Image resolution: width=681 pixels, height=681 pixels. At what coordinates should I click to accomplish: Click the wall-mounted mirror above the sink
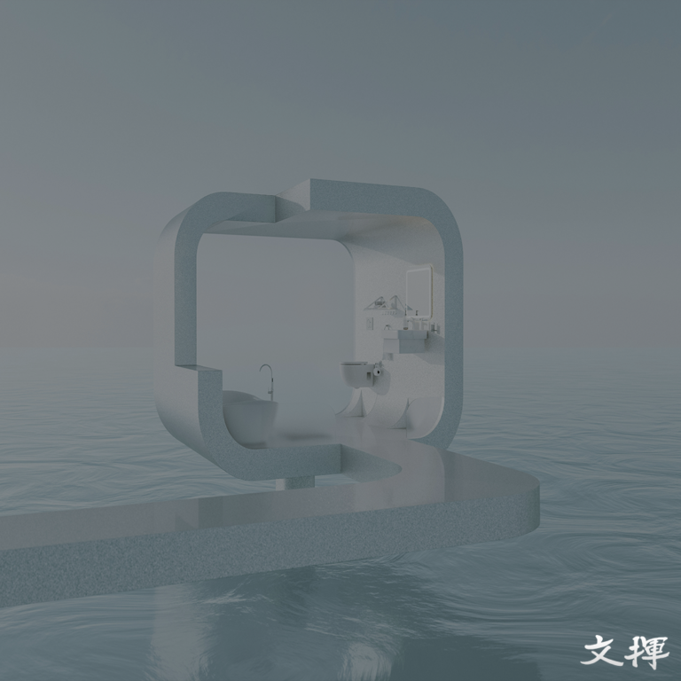pos(419,292)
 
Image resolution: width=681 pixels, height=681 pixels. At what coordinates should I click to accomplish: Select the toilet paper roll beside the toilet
pos(377,371)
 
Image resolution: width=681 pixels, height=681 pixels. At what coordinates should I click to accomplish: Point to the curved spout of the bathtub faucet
pos(266,368)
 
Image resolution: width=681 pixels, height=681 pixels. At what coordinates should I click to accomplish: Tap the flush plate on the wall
pos(369,323)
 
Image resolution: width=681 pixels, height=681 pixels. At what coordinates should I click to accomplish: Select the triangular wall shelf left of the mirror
pos(387,303)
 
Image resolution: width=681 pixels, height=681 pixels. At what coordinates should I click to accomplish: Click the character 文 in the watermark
pos(603,650)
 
